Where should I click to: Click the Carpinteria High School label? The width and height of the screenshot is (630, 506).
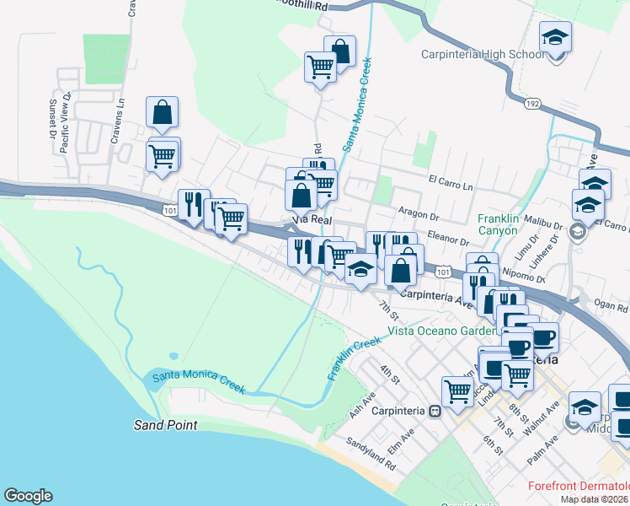pyautogui.click(x=483, y=55)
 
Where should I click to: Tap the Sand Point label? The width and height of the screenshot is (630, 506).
pyautogui.click(x=165, y=425)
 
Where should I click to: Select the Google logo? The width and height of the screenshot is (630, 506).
pyautogui.click(x=28, y=496)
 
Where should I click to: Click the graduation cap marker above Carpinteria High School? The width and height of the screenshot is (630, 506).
pyautogui.click(x=555, y=39)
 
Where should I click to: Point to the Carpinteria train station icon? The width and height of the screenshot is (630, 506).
pyautogui.click(x=435, y=412)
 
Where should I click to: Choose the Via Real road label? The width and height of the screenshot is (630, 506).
pyautogui.click(x=308, y=218)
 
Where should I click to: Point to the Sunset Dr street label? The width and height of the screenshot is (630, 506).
pyautogui.click(x=53, y=116)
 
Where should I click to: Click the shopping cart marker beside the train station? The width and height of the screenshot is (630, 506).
pyautogui.click(x=456, y=390)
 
